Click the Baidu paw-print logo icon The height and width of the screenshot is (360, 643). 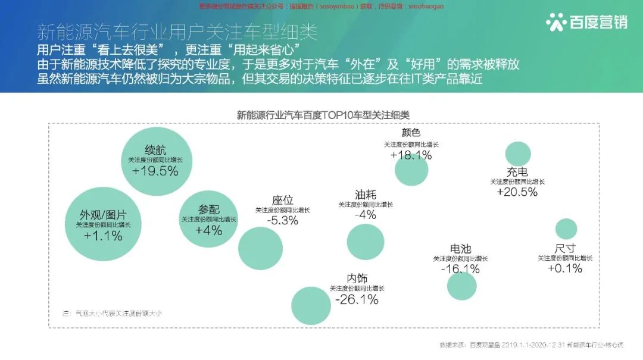coord(556,22)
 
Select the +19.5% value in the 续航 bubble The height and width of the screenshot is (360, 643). coord(155,171)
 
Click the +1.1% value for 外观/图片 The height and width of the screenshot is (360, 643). coord(103,236)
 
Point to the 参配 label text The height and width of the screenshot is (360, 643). coord(209,209)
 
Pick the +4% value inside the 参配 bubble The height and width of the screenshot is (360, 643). coord(208,230)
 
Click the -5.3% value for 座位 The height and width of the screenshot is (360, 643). coord(283,220)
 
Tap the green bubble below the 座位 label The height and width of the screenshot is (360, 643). coord(260,249)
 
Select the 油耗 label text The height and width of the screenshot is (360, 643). coord(366,195)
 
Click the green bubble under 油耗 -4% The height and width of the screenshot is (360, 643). coord(366,242)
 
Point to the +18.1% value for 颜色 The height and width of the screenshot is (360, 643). coord(411,155)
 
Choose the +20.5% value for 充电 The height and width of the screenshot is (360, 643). coord(517,192)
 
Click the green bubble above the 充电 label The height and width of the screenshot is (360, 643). coord(518,154)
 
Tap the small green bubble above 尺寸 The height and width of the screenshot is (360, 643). coord(566,229)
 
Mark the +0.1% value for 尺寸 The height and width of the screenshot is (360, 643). coord(565,268)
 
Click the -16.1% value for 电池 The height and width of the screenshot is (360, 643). coord(460,269)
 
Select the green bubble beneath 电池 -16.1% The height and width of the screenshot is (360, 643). coord(462,285)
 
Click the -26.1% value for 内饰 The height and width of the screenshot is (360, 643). coord(357,299)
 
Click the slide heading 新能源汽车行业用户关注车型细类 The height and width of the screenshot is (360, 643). coord(177,32)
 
